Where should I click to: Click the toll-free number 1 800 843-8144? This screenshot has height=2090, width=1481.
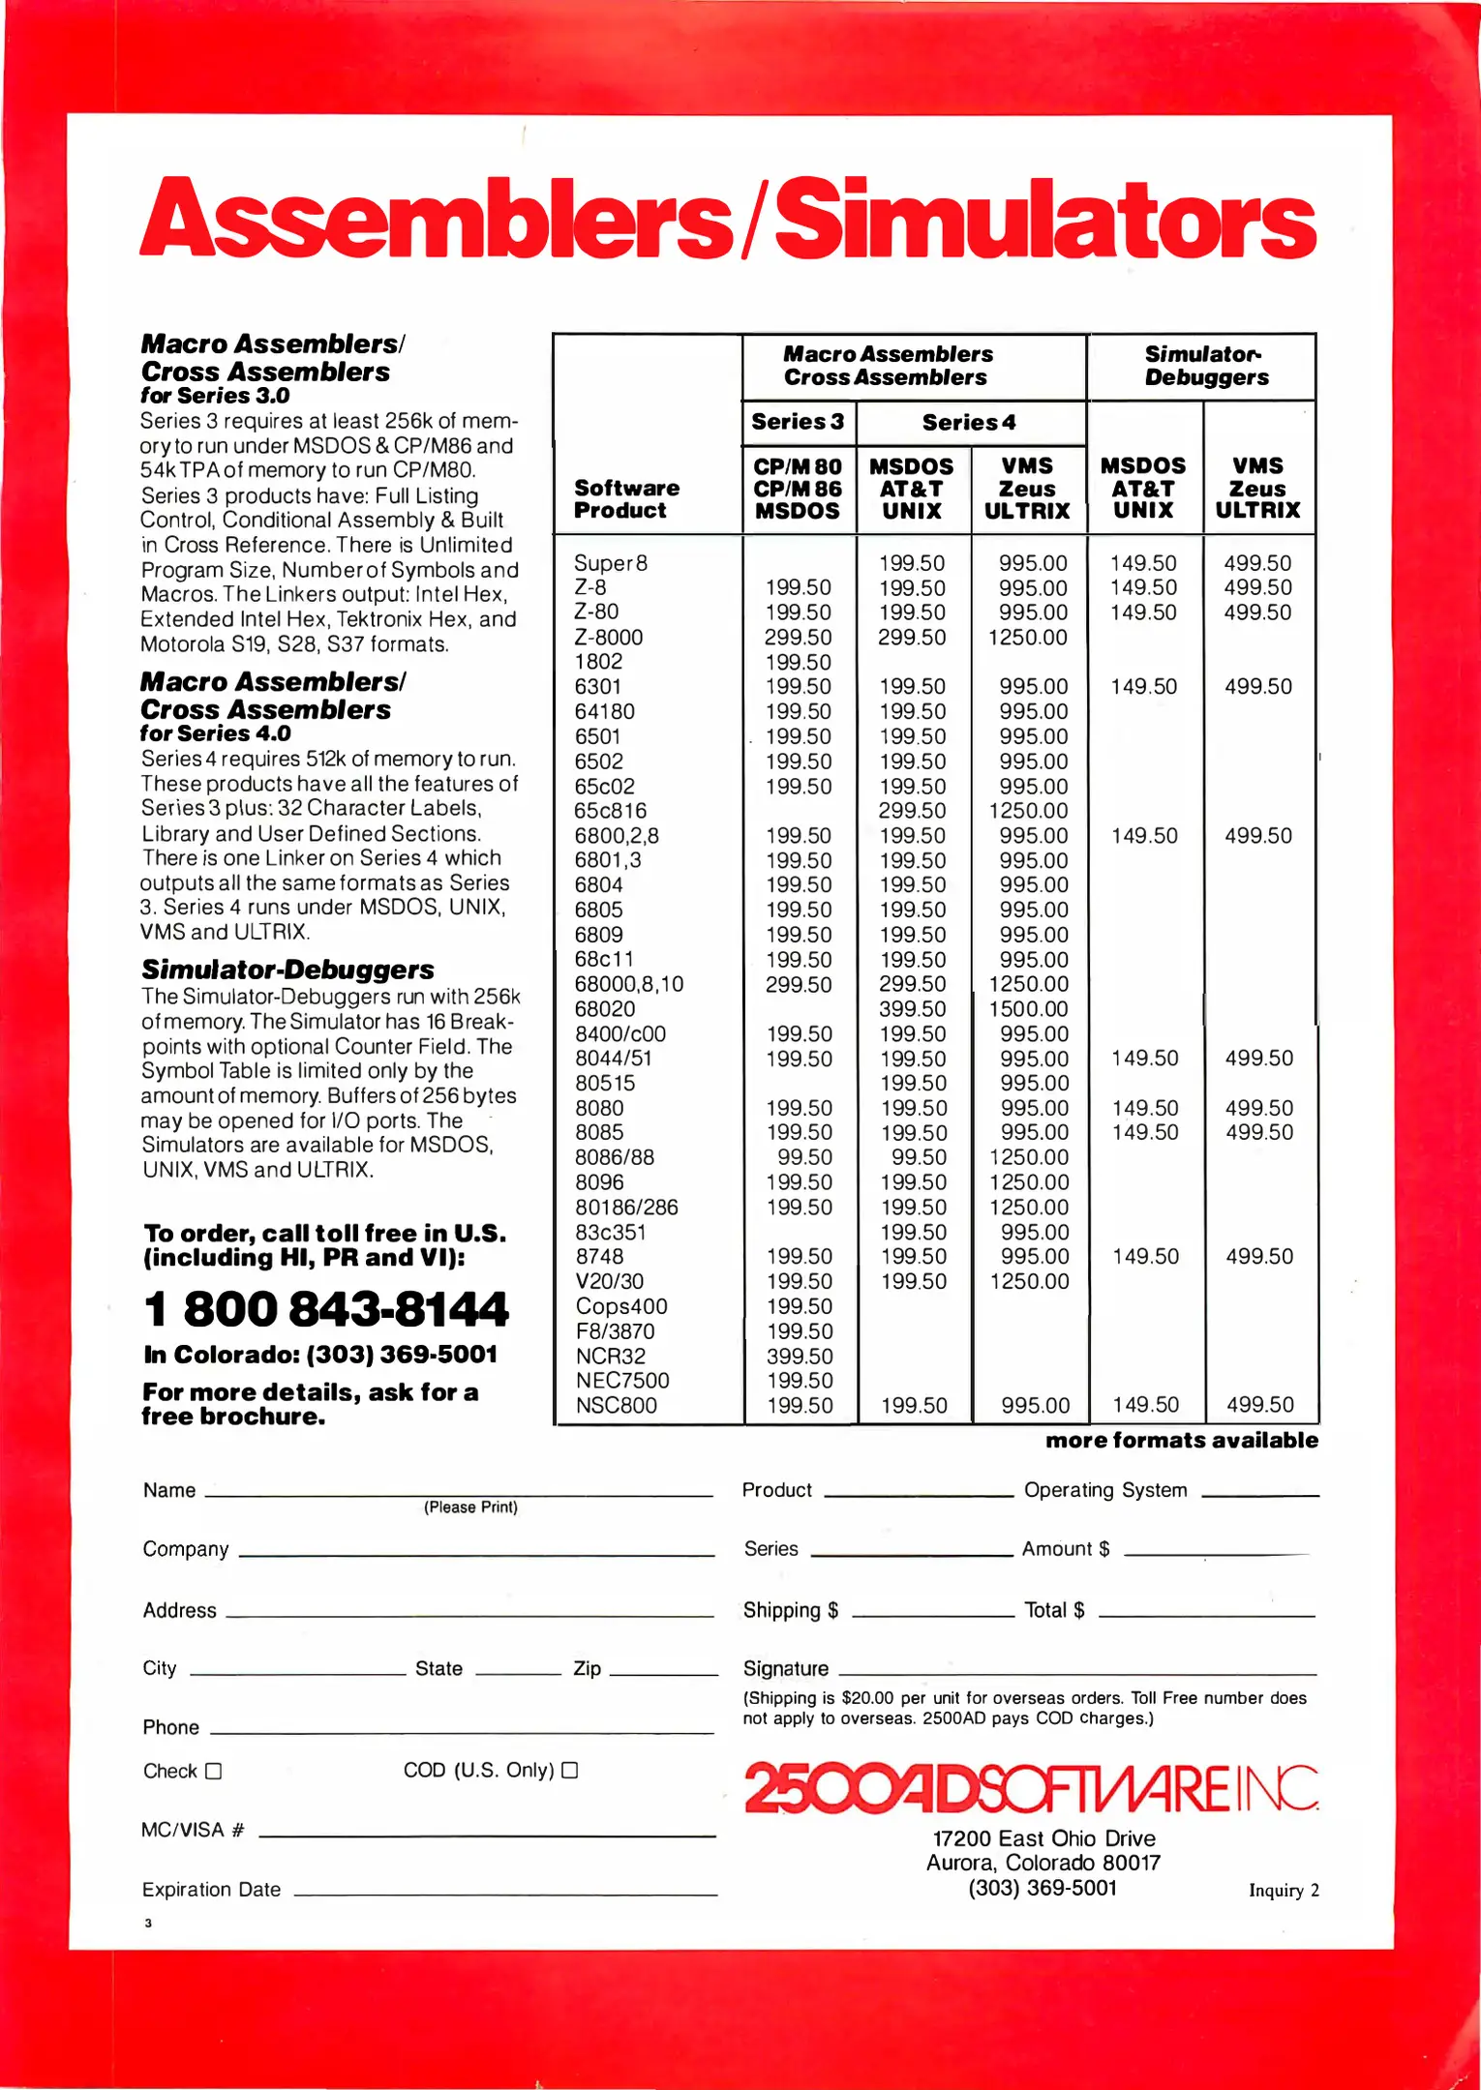tap(325, 1310)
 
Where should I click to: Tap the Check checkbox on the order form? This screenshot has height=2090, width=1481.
tap(214, 1771)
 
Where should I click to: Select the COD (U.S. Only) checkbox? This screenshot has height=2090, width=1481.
tap(570, 1770)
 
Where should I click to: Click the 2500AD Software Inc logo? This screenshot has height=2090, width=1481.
tap(1031, 1788)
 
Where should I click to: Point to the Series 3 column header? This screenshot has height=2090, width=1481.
tap(798, 422)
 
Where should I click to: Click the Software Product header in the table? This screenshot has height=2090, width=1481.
tap(626, 499)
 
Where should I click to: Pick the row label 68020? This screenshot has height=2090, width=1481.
tap(605, 1009)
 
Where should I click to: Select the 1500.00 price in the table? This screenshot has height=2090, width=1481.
tap(1028, 1009)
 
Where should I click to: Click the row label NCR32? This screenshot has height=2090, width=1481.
tap(610, 1357)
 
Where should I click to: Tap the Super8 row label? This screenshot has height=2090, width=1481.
tap(611, 563)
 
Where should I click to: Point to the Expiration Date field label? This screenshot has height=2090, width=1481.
tap(211, 1890)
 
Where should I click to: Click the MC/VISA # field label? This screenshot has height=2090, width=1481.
tap(193, 1830)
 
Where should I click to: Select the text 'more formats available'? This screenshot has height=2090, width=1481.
tap(1181, 1441)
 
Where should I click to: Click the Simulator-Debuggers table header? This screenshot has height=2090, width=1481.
tap(1205, 366)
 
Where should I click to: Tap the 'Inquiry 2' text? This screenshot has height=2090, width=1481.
tap(1284, 1891)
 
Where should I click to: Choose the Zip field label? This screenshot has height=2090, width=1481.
tap(587, 1668)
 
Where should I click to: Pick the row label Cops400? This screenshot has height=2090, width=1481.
tap(621, 1306)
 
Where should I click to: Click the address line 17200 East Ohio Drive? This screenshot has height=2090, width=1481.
tap(1043, 1838)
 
